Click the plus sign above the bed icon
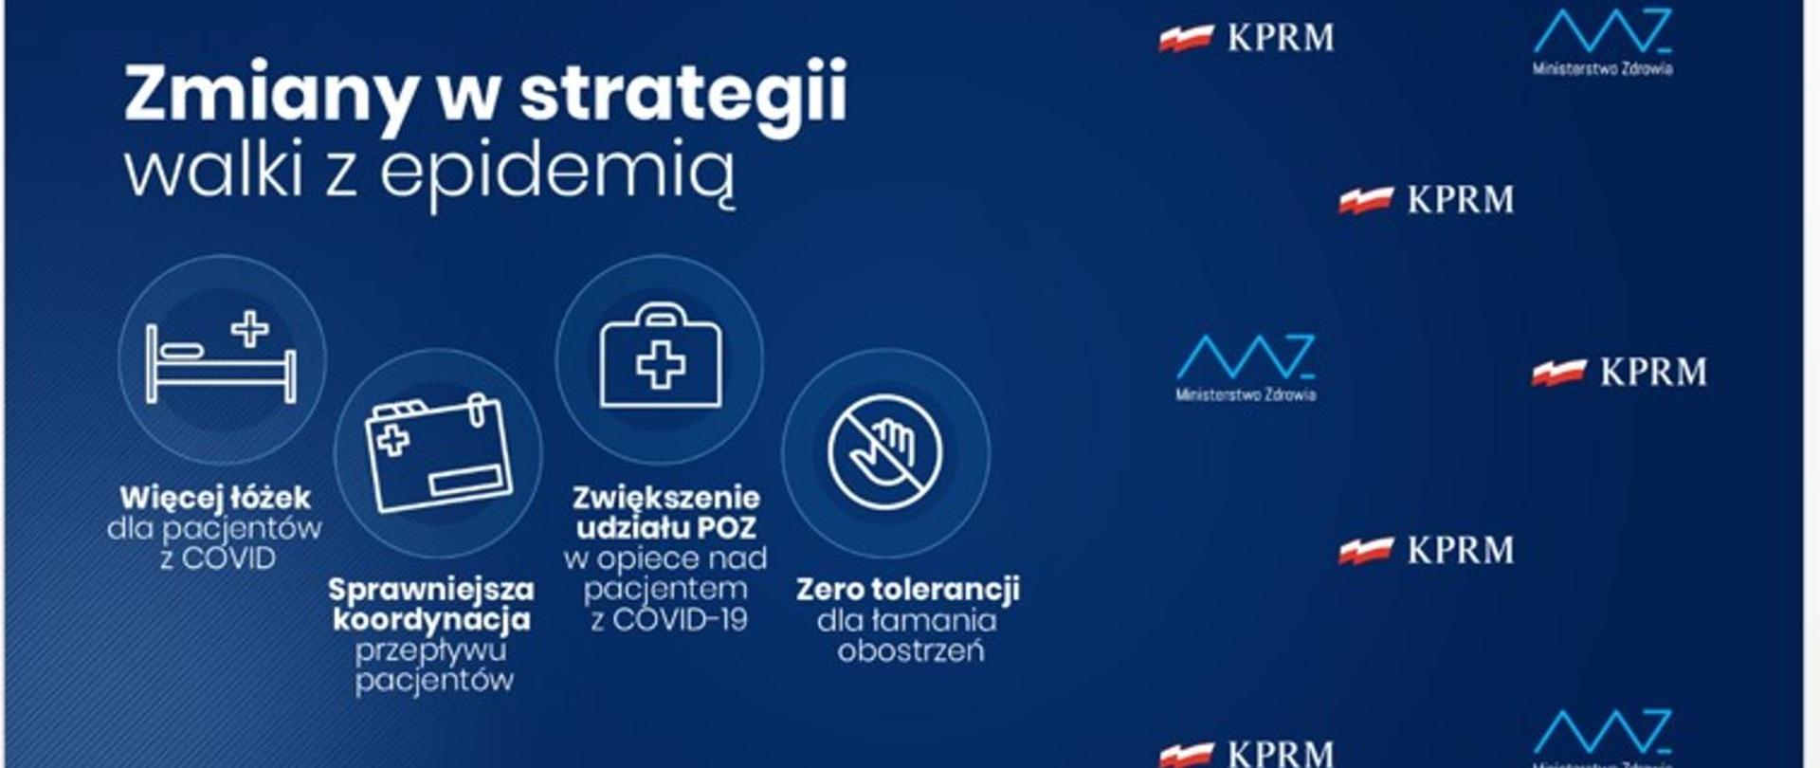coord(250,329)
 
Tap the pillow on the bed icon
coord(182,351)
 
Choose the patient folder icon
coord(438,453)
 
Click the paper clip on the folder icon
coord(479,410)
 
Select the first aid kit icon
coord(661,358)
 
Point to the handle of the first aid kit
coord(661,314)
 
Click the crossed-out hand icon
coord(885,452)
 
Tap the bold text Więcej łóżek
coord(215,498)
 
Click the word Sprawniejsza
coord(431,590)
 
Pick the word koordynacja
coord(431,620)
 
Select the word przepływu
coord(431,650)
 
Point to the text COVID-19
coord(681,620)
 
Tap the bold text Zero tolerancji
coord(908,590)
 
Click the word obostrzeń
coord(910,651)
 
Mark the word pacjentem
coord(664,590)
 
